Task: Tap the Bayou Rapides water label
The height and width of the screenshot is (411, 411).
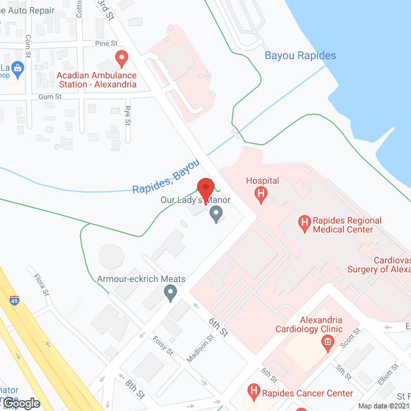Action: click(300, 55)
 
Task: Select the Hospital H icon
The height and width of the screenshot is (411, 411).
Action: click(261, 193)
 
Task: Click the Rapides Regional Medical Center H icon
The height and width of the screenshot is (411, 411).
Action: click(305, 224)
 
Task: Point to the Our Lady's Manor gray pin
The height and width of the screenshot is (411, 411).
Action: click(216, 214)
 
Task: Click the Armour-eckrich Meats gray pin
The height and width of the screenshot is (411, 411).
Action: click(170, 293)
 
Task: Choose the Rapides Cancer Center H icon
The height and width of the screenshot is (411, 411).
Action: click(254, 391)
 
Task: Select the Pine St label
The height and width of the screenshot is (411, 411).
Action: click(106, 44)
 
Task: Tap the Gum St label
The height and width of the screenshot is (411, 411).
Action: click(49, 96)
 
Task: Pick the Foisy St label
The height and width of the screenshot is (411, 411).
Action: click(163, 345)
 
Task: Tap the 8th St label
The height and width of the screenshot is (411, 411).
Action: click(136, 388)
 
